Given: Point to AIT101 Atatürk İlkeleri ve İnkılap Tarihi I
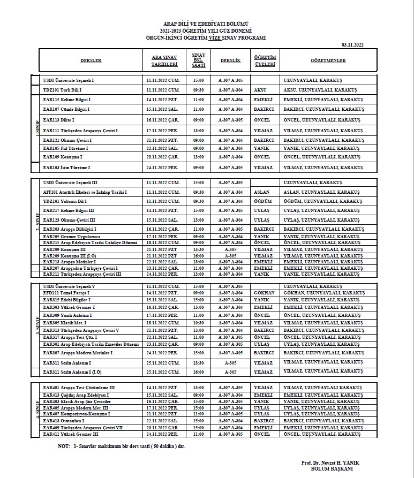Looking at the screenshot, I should click(85, 192).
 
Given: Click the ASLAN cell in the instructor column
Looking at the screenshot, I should click(261, 192).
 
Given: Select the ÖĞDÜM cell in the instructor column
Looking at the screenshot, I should click(262, 201).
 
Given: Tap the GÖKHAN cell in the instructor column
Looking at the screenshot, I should click(264, 293).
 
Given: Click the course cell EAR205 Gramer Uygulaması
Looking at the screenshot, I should click(70, 236).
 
